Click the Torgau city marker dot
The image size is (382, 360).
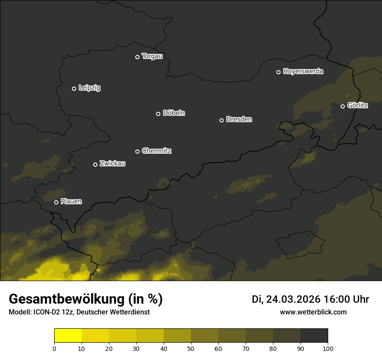(137, 57)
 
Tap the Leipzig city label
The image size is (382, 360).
(89, 88)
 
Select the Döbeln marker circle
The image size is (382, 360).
(158, 114)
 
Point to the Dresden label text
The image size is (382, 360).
(239, 119)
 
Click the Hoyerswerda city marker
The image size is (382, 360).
(278, 72)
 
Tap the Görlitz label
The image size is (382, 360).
(358, 105)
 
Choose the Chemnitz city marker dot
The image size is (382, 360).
(137, 151)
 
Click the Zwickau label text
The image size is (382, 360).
(112, 164)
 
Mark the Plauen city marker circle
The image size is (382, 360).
(56, 202)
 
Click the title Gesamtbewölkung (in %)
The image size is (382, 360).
(86, 299)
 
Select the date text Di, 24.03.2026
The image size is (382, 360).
(286, 299)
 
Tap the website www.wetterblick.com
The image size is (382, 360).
(313, 312)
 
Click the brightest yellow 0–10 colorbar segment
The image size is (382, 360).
(68, 336)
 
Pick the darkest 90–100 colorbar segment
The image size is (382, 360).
(314, 336)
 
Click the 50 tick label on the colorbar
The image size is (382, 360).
(191, 348)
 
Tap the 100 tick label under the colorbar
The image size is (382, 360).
(328, 348)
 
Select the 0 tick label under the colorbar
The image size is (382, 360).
(54, 348)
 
